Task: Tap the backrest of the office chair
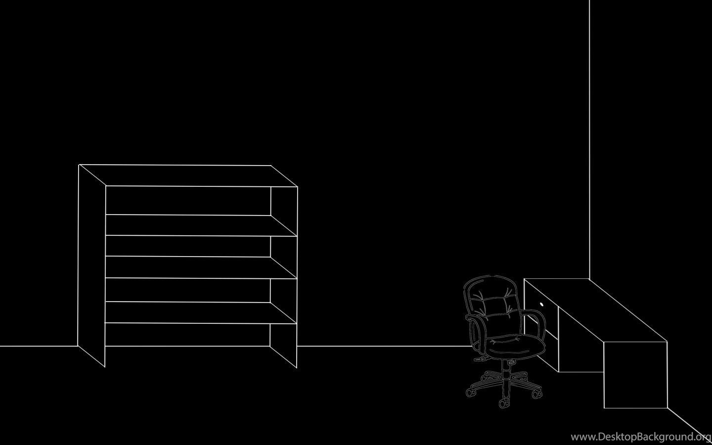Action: [x=492, y=305]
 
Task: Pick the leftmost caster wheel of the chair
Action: [x=470, y=393]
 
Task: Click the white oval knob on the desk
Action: [x=541, y=305]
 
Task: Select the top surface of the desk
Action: [x=595, y=310]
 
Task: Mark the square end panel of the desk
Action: [x=635, y=375]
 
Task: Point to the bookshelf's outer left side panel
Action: [x=91, y=266]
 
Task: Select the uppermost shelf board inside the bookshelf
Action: [x=201, y=225]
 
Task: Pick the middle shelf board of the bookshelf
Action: [x=201, y=267]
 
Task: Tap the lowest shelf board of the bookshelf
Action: [x=201, y=312]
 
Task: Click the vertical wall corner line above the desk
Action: [x=589, y=139]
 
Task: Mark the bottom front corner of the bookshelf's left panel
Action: [x=105, y=367]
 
